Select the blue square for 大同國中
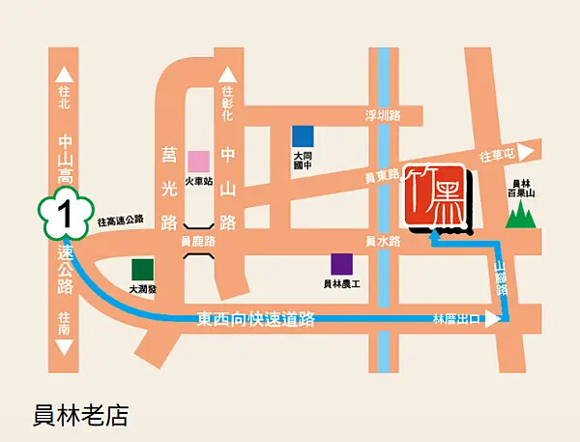tap(304, 136)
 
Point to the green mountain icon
tap(521, 214)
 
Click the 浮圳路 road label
tap(382, 115)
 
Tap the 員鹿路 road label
tap(198, 241)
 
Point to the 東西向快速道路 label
tap(256, 319)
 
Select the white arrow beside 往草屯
tap(525, 152)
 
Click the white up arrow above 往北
tap(65, 74)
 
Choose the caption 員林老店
tap(80, 416)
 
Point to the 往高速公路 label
tap(121, 220)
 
